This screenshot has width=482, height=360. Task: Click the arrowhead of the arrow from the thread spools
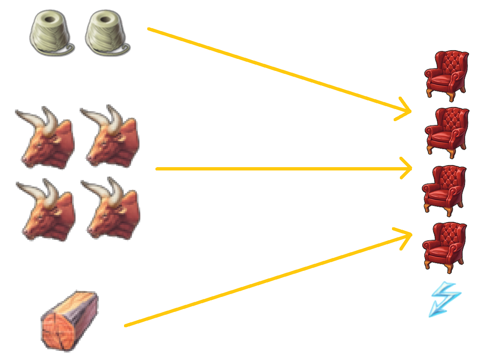click(409, 111)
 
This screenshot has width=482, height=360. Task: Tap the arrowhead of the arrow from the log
click(410, 235)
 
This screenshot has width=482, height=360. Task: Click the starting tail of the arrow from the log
click(126, 326)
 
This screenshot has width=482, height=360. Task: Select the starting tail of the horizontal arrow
click(157, 169)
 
